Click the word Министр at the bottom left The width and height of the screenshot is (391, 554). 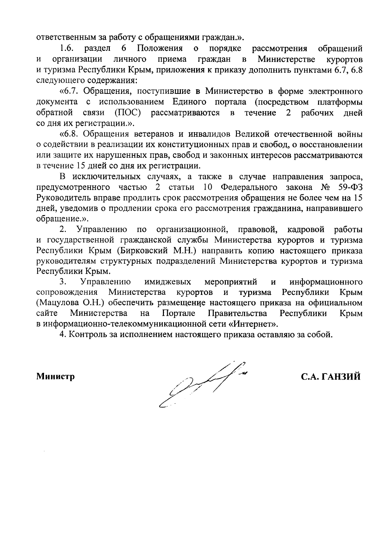click(x=55, y=377)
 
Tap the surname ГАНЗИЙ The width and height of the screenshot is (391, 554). click(x=340, y=377)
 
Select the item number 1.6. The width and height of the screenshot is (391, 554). click(x=68, y=49)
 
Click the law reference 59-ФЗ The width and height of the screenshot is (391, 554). click(x=349, y=188)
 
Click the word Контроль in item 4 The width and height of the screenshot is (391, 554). click(x=86, y=335)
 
